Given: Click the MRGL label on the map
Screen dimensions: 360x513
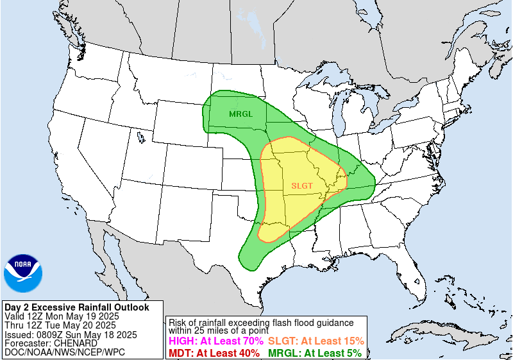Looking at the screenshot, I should coord(241,114).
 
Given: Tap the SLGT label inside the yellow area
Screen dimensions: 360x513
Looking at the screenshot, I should coord(302,186).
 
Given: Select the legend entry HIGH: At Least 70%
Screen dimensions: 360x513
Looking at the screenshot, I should coord(215,341).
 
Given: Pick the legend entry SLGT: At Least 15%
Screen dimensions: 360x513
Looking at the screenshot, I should coord(315,341).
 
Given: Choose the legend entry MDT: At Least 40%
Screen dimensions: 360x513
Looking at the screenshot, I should coord(215,353).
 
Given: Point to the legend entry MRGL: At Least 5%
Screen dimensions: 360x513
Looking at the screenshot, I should coord(314,353).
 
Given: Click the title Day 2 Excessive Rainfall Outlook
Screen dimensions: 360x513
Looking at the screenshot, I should coord(76,308).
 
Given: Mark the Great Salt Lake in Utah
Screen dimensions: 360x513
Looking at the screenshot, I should coord(139,136).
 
